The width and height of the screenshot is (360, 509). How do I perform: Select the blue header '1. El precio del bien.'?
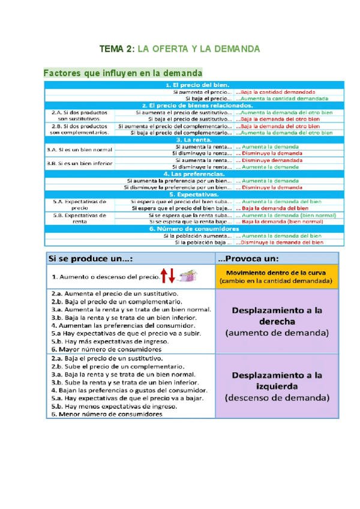tap(200, 85)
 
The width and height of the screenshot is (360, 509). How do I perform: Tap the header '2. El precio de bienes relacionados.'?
tap(200, 105)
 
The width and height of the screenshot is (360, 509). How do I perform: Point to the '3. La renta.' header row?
tap(200, 139)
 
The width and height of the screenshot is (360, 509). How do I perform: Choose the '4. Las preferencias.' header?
tap(200, 173)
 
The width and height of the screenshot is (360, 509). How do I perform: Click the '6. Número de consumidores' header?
tap(200, 229)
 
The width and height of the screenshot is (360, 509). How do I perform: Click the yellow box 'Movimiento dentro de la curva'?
tap(276, 276)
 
